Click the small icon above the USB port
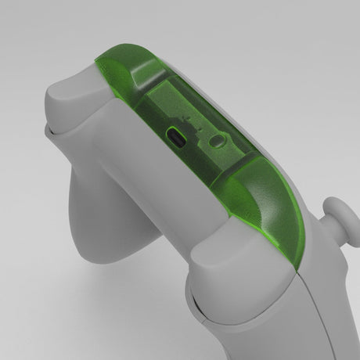coord(186,118)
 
